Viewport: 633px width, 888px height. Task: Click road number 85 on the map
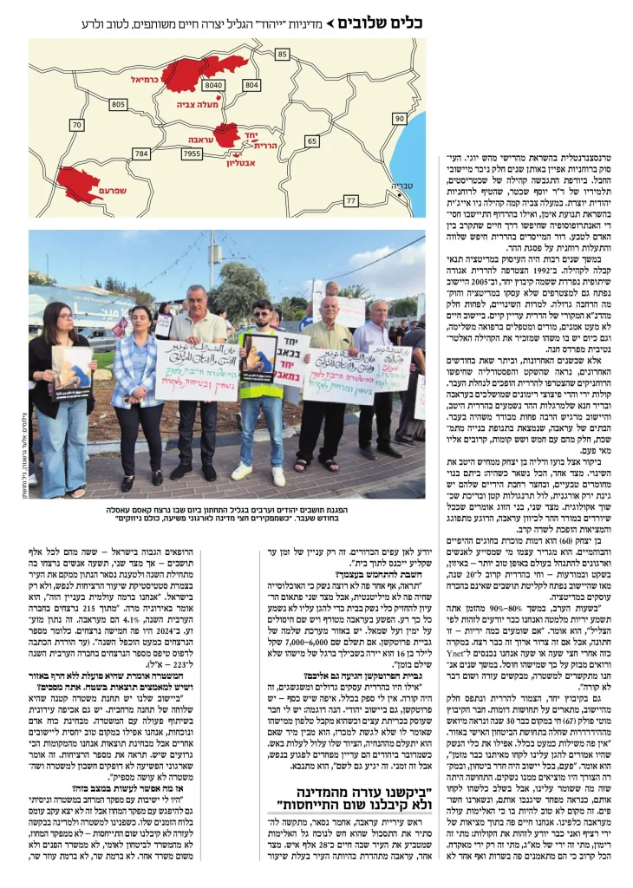282,55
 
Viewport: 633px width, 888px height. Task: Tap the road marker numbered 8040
213,85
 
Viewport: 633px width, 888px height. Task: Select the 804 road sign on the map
251,85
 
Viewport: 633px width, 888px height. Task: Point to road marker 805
119,104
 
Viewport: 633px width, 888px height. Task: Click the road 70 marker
77,126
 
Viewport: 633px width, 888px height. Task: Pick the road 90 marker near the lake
399,118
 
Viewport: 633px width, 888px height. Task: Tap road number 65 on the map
311,140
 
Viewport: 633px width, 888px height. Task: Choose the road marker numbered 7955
193,153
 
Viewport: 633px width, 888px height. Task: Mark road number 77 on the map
350,201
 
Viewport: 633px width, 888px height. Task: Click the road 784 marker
140,153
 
